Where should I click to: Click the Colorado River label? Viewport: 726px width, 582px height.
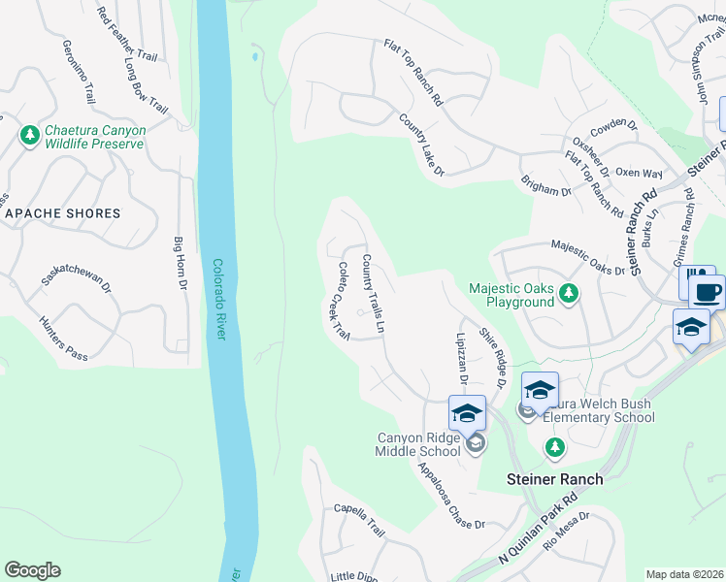point(218,299)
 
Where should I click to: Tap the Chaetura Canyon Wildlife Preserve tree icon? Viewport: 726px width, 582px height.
point(29,135)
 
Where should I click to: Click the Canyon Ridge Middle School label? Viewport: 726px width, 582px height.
point(418,444)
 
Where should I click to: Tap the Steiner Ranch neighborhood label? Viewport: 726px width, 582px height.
point(555,479)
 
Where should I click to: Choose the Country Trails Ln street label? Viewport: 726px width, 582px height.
point(374,294)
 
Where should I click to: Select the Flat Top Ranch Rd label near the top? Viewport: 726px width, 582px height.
point(413,73)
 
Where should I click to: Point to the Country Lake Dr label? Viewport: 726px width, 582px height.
point(421,145)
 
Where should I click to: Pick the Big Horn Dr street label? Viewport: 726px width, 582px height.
point(180,264)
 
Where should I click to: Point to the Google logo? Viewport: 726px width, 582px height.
point(32,570)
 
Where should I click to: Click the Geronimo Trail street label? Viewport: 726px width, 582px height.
point(80,72)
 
